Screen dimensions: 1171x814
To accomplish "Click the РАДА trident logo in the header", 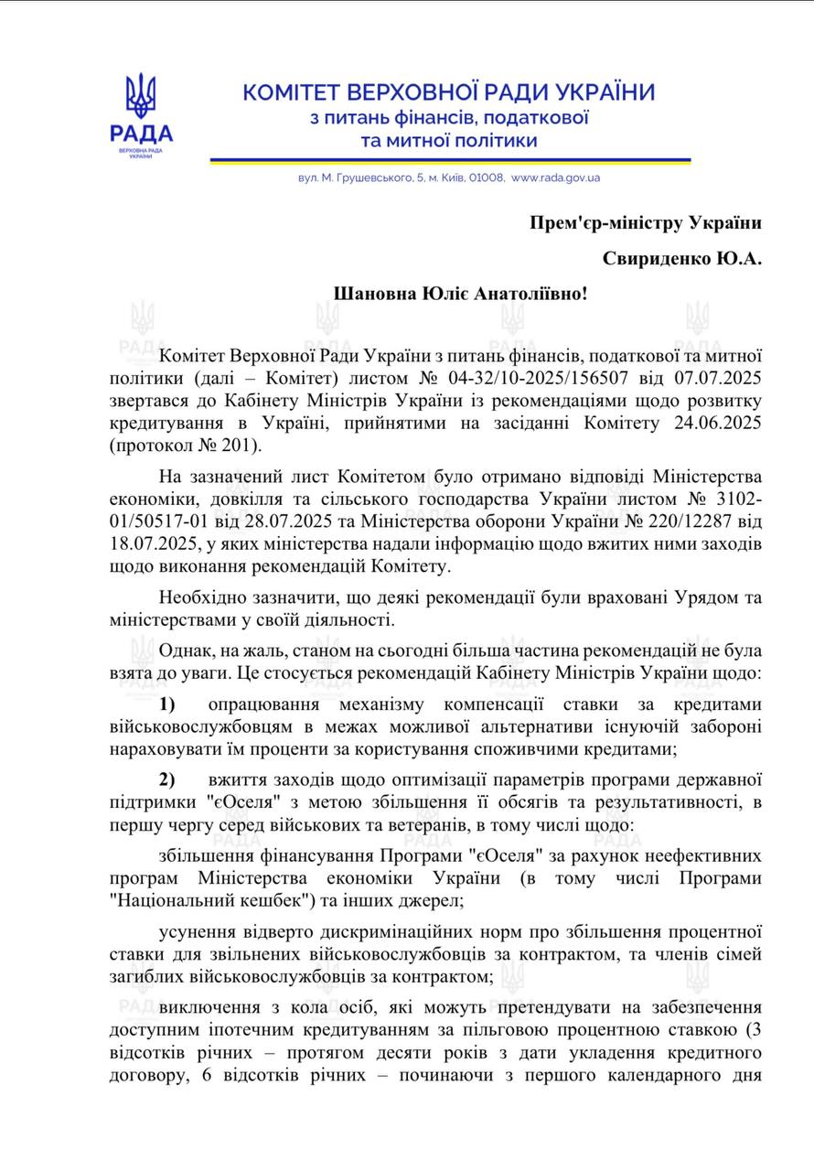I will point(141,116).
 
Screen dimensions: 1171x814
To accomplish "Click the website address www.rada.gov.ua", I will point(555,177).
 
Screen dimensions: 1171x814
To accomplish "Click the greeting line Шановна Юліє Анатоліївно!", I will point(461,295).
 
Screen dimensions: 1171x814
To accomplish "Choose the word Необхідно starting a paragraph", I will point(198,598).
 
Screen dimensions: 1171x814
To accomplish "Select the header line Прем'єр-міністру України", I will point(646,222).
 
